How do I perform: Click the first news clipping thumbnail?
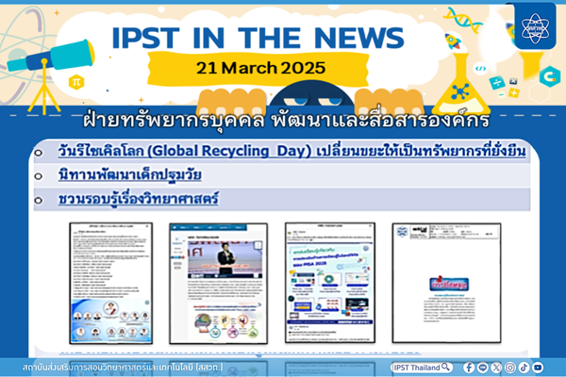(x=110, y=282)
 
